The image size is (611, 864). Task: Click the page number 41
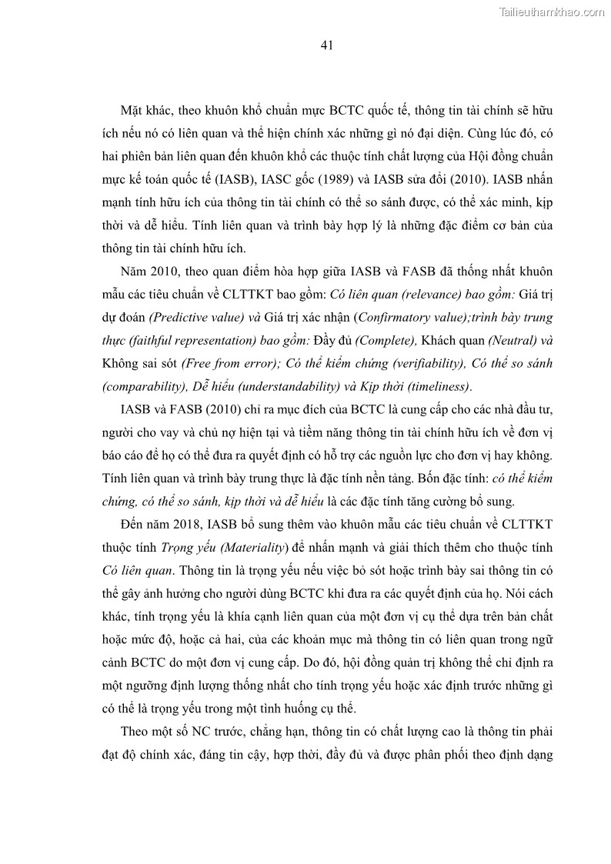click(x=326, y=46)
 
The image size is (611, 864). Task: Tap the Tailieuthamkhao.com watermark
click(x=552, y=12)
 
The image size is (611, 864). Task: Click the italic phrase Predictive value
click(x=192, y=317)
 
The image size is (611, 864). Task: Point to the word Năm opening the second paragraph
click(x=134, y=272)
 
